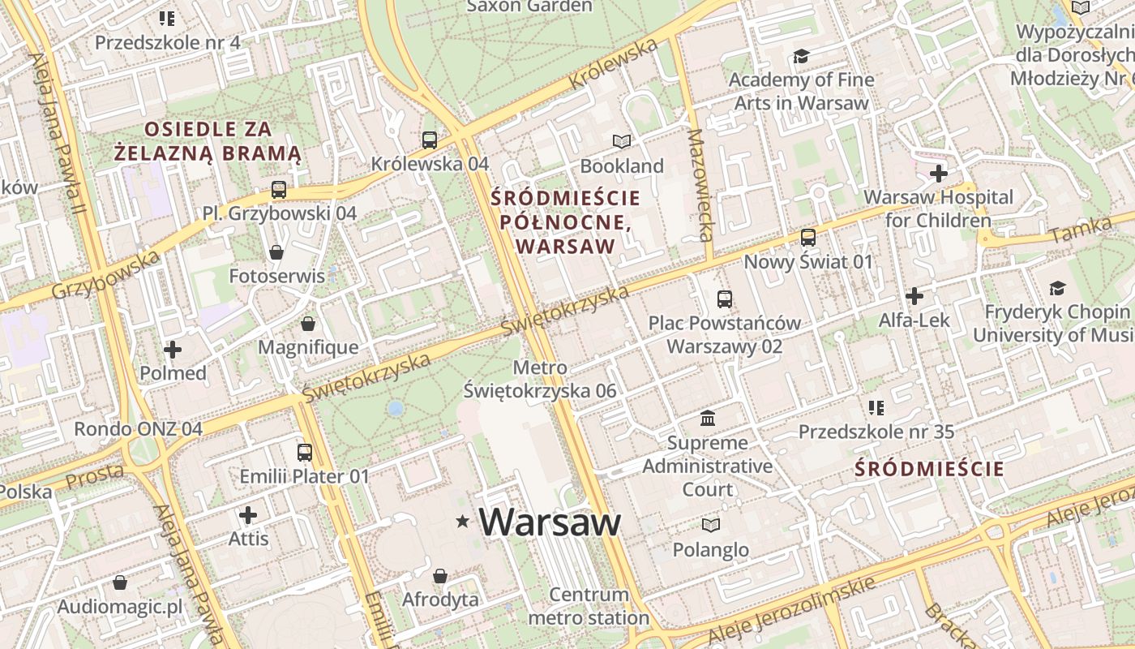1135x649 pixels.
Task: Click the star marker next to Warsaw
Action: (x=463, y=522)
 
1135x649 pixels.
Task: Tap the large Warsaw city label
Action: (x=550, y=522)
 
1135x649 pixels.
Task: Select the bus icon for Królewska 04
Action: (x=430, y=140)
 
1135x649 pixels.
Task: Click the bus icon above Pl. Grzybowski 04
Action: (x=279, y=190)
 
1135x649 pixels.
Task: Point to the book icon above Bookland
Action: (x=622, y=142)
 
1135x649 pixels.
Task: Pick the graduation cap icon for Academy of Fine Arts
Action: (x=801, y=56)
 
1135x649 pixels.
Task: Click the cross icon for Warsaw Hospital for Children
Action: (x=939, y=174)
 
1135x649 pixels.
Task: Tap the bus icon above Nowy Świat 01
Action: (x=808, y=238)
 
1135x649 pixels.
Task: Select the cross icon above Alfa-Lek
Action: (x=914, y=296)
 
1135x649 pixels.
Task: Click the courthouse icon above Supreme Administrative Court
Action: (x=708, y=419)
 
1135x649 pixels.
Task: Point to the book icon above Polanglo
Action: (x=711, y=526)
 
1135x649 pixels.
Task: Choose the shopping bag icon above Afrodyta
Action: (x=440, y=576)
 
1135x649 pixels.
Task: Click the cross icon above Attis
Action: (x=248, y=515)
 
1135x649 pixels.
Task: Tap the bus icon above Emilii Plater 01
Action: (x=305, y=453)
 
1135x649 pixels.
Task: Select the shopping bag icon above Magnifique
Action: (x=308, y=324)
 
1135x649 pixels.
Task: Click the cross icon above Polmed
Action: (x=173, y=350)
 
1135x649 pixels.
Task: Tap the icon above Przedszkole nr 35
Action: (x=876, y=408)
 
